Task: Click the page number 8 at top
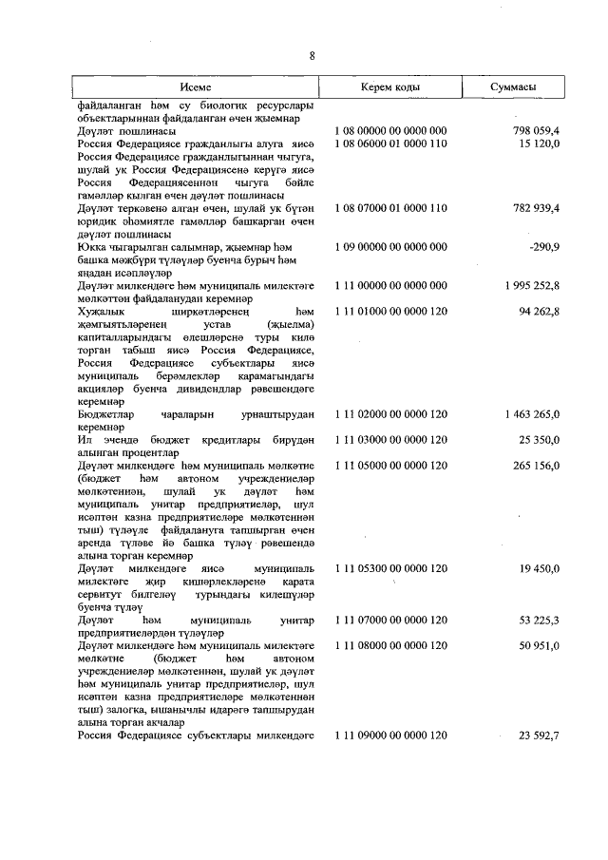coord(311,55)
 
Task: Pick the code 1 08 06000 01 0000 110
coord(391,143)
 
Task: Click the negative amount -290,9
coord(543,247)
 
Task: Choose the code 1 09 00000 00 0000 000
coord(391,247)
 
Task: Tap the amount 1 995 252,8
coord(531,286)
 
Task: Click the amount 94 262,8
coord(538,312)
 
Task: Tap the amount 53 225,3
coord(538,620)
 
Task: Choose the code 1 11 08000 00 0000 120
coord(391,646)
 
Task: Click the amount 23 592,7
coord(538,736)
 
